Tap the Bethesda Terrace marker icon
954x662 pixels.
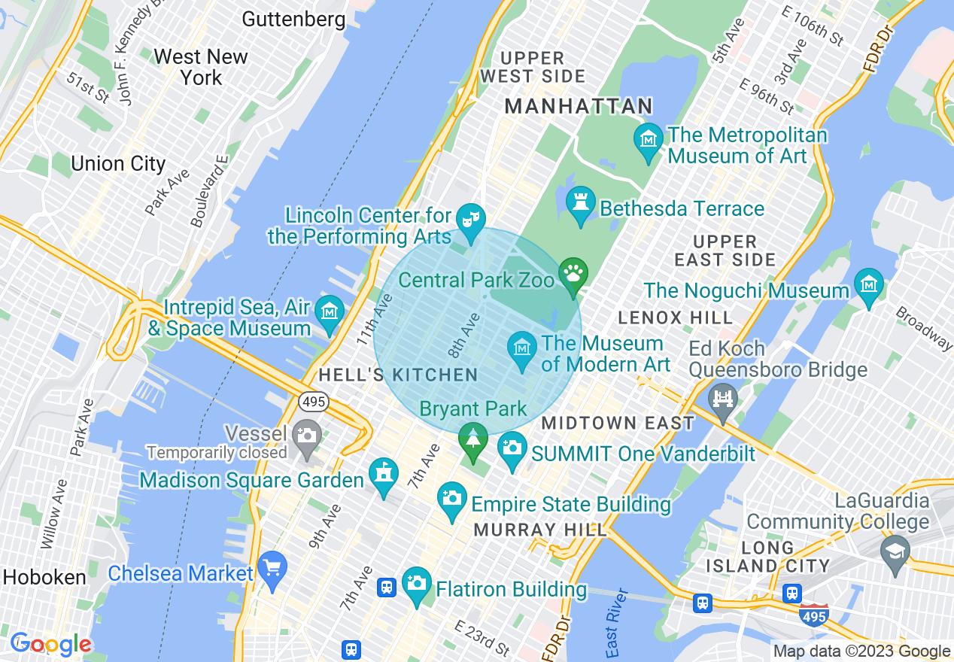pyautogui.click(x=580, y=203)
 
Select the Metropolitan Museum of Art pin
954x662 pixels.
pyautogui.click(x=648, y=140)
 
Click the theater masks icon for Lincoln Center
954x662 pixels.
pyautogui.click(x=471, y=220)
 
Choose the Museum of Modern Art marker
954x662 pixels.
pyautogui.click(x=521, y=348)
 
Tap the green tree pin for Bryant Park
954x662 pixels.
pyautogui.click(x=472, y=439)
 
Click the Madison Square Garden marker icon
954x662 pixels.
pyautogui.click(x=384, y=475)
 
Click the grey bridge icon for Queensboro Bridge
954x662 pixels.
pyautogui.click(x=723, y=399)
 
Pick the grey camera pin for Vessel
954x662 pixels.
pyautogui.click(x=306, y=436)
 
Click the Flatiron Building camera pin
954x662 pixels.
pyautogui.click(x=416, y=584)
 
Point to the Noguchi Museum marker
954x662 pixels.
pyautogui.click(x=868, y=286)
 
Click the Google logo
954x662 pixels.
pyautogui.click(x=51, y=644)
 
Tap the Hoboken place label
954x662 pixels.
pyautogui.click(x=44, y=577)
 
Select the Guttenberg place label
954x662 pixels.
pyautogui.click(x=294, y=19)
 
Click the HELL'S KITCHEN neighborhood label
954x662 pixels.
pyautogui.click(x=398, y=375)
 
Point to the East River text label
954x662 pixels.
pyautogui.click(x=611, y=622)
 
